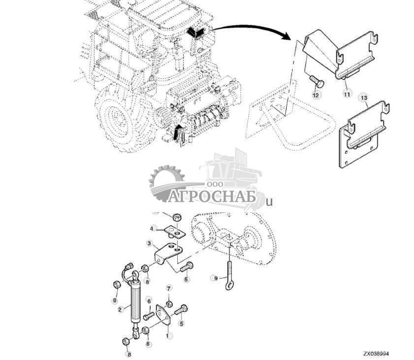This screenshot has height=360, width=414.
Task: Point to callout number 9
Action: [215, 278]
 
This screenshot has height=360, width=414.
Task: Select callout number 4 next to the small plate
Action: [154, 229]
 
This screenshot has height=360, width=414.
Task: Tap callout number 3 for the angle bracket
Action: [149, 243]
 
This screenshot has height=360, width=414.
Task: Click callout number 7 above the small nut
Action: [168, 288]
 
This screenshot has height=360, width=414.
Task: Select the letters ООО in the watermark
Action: [216, 183]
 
